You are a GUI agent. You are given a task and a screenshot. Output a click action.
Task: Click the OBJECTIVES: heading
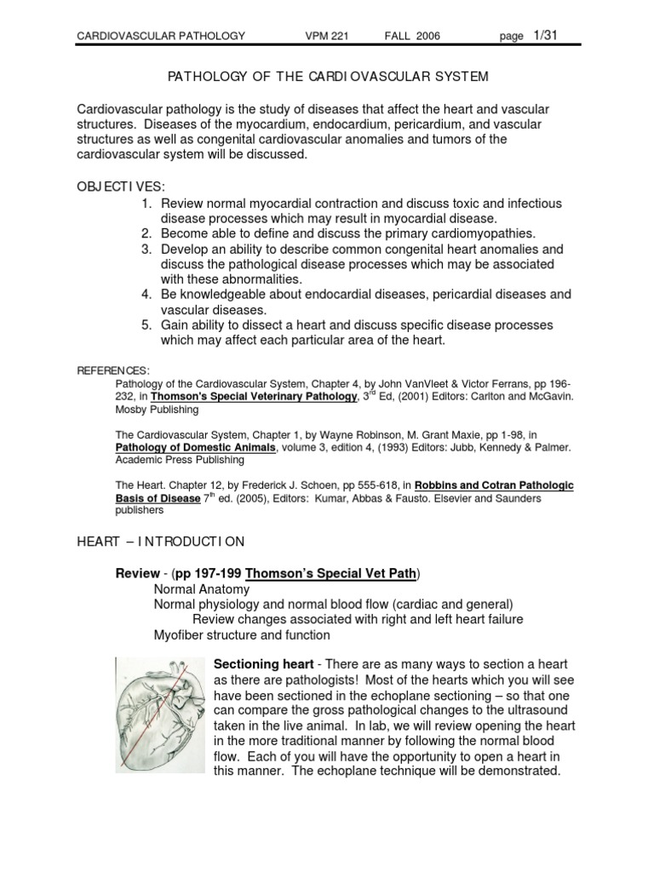(121, 186)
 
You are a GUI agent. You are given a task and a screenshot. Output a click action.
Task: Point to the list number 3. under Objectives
(146, 250)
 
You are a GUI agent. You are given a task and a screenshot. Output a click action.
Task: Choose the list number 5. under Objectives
(146, 325)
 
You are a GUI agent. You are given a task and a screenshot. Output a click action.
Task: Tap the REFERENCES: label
(113, 370)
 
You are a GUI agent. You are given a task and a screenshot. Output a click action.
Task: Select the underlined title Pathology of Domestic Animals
(195, 446)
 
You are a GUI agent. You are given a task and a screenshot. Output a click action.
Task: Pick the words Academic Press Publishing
(180, 459)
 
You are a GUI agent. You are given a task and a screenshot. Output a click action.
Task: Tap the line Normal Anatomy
(201, 589)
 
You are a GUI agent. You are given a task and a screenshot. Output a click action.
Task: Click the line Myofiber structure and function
(241, 635)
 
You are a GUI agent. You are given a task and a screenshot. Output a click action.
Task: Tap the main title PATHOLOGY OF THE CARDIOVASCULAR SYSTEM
(326, 77)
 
